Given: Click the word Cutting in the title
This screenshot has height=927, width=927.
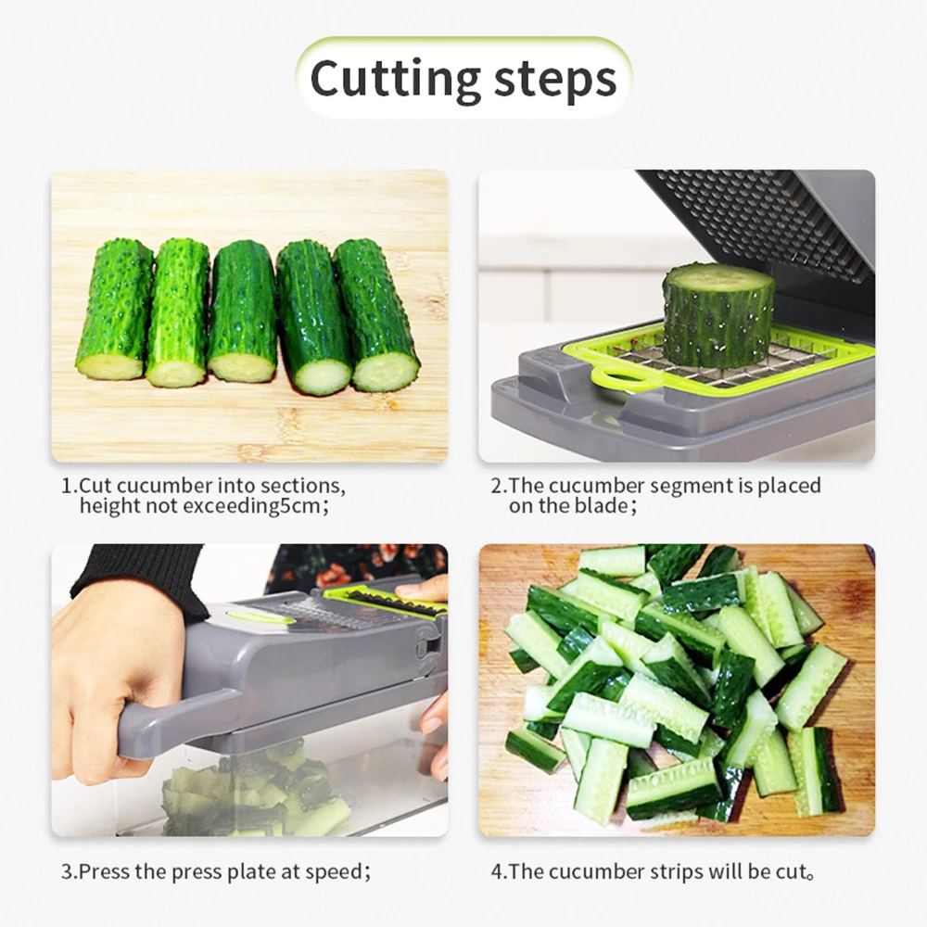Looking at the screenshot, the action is coord(395,79).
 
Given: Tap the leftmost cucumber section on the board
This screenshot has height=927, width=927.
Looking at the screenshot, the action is coord(115,310).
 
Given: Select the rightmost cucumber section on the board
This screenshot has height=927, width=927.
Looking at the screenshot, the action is coord(376,315).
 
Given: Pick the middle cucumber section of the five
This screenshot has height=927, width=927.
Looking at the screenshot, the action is coord(243,311).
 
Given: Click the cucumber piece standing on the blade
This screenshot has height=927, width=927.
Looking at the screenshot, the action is coord(717,315).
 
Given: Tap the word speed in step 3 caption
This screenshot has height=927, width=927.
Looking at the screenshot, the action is coord(334,872).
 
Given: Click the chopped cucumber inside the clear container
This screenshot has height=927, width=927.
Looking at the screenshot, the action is coord(254,793).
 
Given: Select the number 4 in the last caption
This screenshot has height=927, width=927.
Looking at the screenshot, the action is coord(496,872).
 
